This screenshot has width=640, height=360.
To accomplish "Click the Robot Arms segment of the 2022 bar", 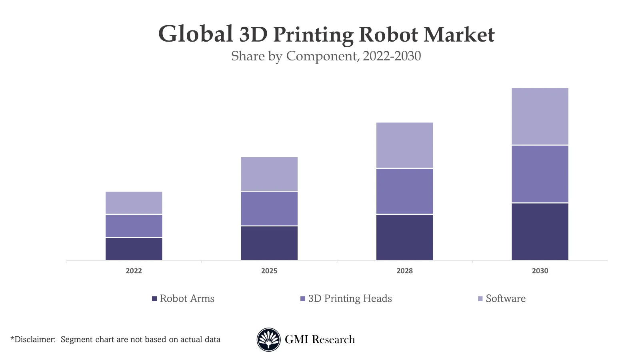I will point(134,249).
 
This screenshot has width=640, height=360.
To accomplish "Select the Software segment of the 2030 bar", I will point(540,116).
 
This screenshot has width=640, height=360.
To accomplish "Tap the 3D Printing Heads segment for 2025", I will point(269,208).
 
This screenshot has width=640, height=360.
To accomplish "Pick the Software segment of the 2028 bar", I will point(404,145).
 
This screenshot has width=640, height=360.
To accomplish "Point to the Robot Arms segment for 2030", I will point(540,232).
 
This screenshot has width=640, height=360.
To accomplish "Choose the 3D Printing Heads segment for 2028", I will point(404,191).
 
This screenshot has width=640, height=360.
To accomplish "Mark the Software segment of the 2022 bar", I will point(134,203).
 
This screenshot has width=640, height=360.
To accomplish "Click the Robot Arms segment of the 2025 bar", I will point(269,243).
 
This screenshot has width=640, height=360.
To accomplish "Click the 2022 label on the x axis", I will point(134,271).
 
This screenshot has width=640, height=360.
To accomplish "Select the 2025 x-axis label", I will point(269,271).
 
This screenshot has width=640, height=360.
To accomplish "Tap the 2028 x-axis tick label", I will point(404,271).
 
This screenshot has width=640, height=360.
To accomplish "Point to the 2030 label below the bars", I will point(540,271).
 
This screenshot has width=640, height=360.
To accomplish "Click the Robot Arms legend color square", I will point(154,299).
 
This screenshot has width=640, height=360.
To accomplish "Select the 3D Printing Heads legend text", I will point(350,299).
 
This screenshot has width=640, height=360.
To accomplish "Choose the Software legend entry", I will point(505,299).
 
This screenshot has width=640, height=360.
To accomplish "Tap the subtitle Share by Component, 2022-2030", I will point(326,56).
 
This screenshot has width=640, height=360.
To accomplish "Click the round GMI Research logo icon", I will point(268,340).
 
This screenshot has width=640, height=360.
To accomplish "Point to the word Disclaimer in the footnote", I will point(34,340).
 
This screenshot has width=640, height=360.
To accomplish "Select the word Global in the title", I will point(196,34).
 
